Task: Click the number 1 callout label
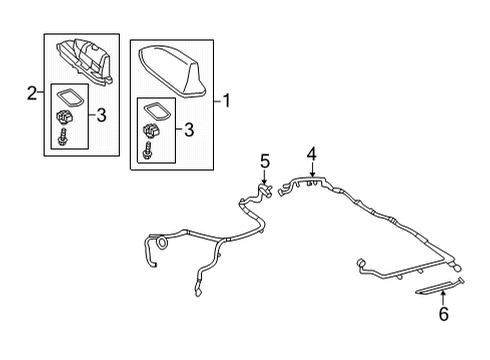coord(228,100)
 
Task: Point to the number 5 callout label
coord(264,161)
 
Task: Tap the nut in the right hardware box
coord(153,131)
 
